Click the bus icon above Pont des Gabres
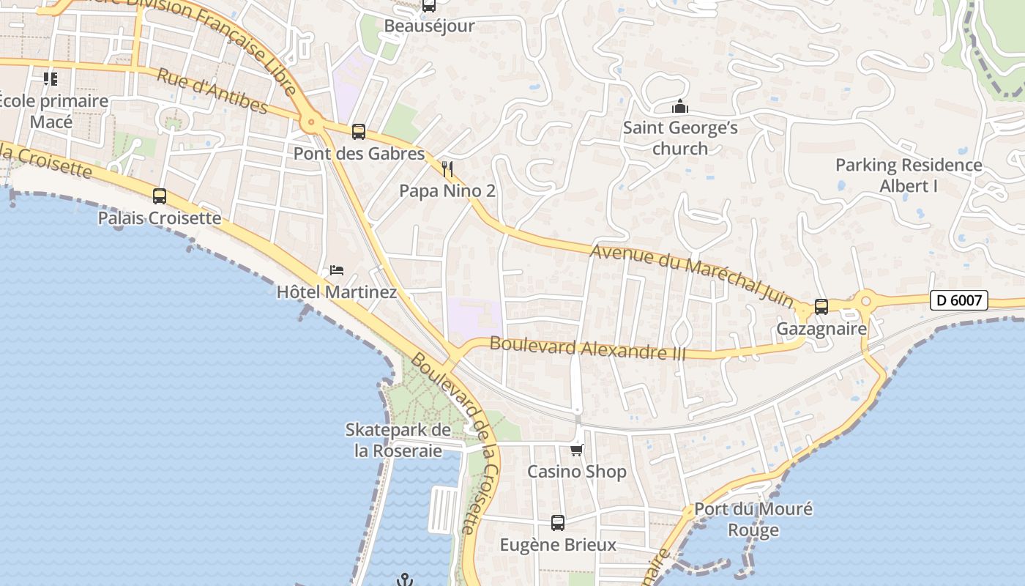click(x=358, y=132)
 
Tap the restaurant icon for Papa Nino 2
click(x=448, y=170)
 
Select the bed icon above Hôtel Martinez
click(x=337, y=270)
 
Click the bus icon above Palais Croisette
click(x=160, y=196)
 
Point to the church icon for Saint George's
click(x=680, y=107)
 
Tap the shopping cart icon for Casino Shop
click(x=577, y=450)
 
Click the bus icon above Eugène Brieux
click(x=558, y=523)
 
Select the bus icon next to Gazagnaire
click(x=821, y=307)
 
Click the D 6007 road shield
click(x=959, y=300)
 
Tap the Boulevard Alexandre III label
click(x=587, y=348)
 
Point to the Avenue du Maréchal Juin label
click(x=692, y=274)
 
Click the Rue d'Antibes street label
click(x=212, y=92)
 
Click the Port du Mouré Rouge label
click(x=753, y=519)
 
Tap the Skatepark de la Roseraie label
click(x=398, y=440)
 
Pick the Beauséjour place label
click(x=430, y=26)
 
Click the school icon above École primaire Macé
click(x=51, y=78)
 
